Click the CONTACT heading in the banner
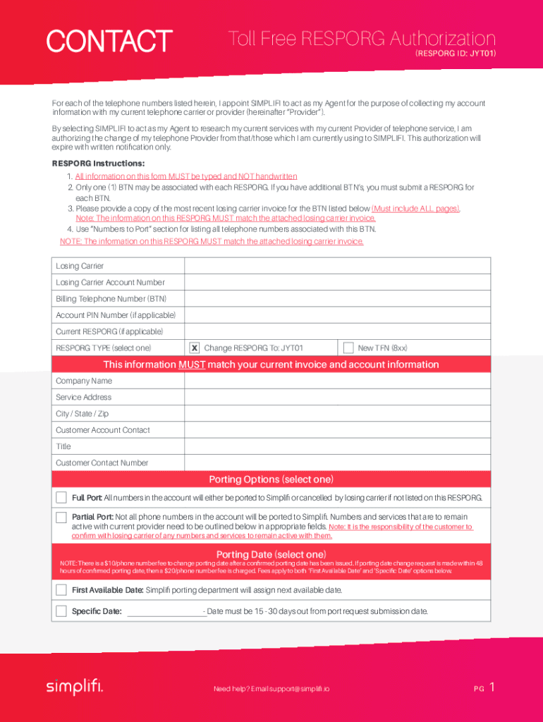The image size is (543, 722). click(x=109, y=41)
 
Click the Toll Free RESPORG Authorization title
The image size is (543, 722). click(x=362, y=39)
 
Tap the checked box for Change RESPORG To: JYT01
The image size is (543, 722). click(x=195, y=348)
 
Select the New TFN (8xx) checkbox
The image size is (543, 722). click(x=348, y=348)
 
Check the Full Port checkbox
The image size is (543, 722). click(x=61, y=498)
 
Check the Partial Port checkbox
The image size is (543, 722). click(x=61, y=518)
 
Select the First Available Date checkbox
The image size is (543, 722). click(x=61, y=590)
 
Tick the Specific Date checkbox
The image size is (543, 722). click(x=61, y=611)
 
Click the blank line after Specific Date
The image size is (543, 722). click(x=165, y=612)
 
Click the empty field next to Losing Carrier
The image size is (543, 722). click(x=337, y=266)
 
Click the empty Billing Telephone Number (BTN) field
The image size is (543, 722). click(x=337, y=299)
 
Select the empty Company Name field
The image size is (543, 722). click(x=337, y=381)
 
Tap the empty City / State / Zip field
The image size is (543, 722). click(x=337, y=414)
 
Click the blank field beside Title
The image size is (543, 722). click(x=337, y=446)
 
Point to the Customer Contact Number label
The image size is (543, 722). click(x=102, y=463)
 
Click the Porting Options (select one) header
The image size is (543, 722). click(x=271, y=479)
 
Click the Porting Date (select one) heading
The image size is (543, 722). click(x=271, y=554)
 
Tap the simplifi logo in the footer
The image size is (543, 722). click(x=75, y=687)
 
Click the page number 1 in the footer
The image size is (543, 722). click(x=492, y=687)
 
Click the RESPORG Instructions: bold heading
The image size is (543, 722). click(x=98, y=164)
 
